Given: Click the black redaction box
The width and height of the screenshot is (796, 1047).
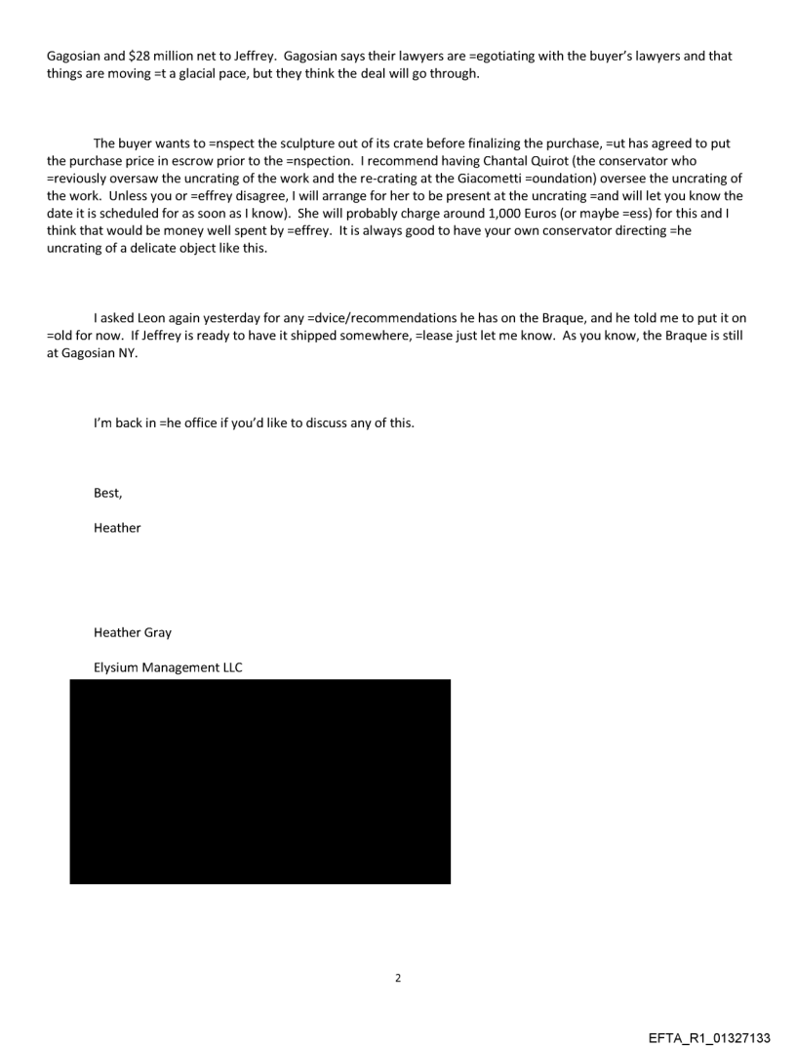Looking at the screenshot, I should pyautogui.click(x=259, y=781).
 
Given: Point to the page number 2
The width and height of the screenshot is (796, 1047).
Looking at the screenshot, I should pyautogui.click(x=397, y=978).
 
